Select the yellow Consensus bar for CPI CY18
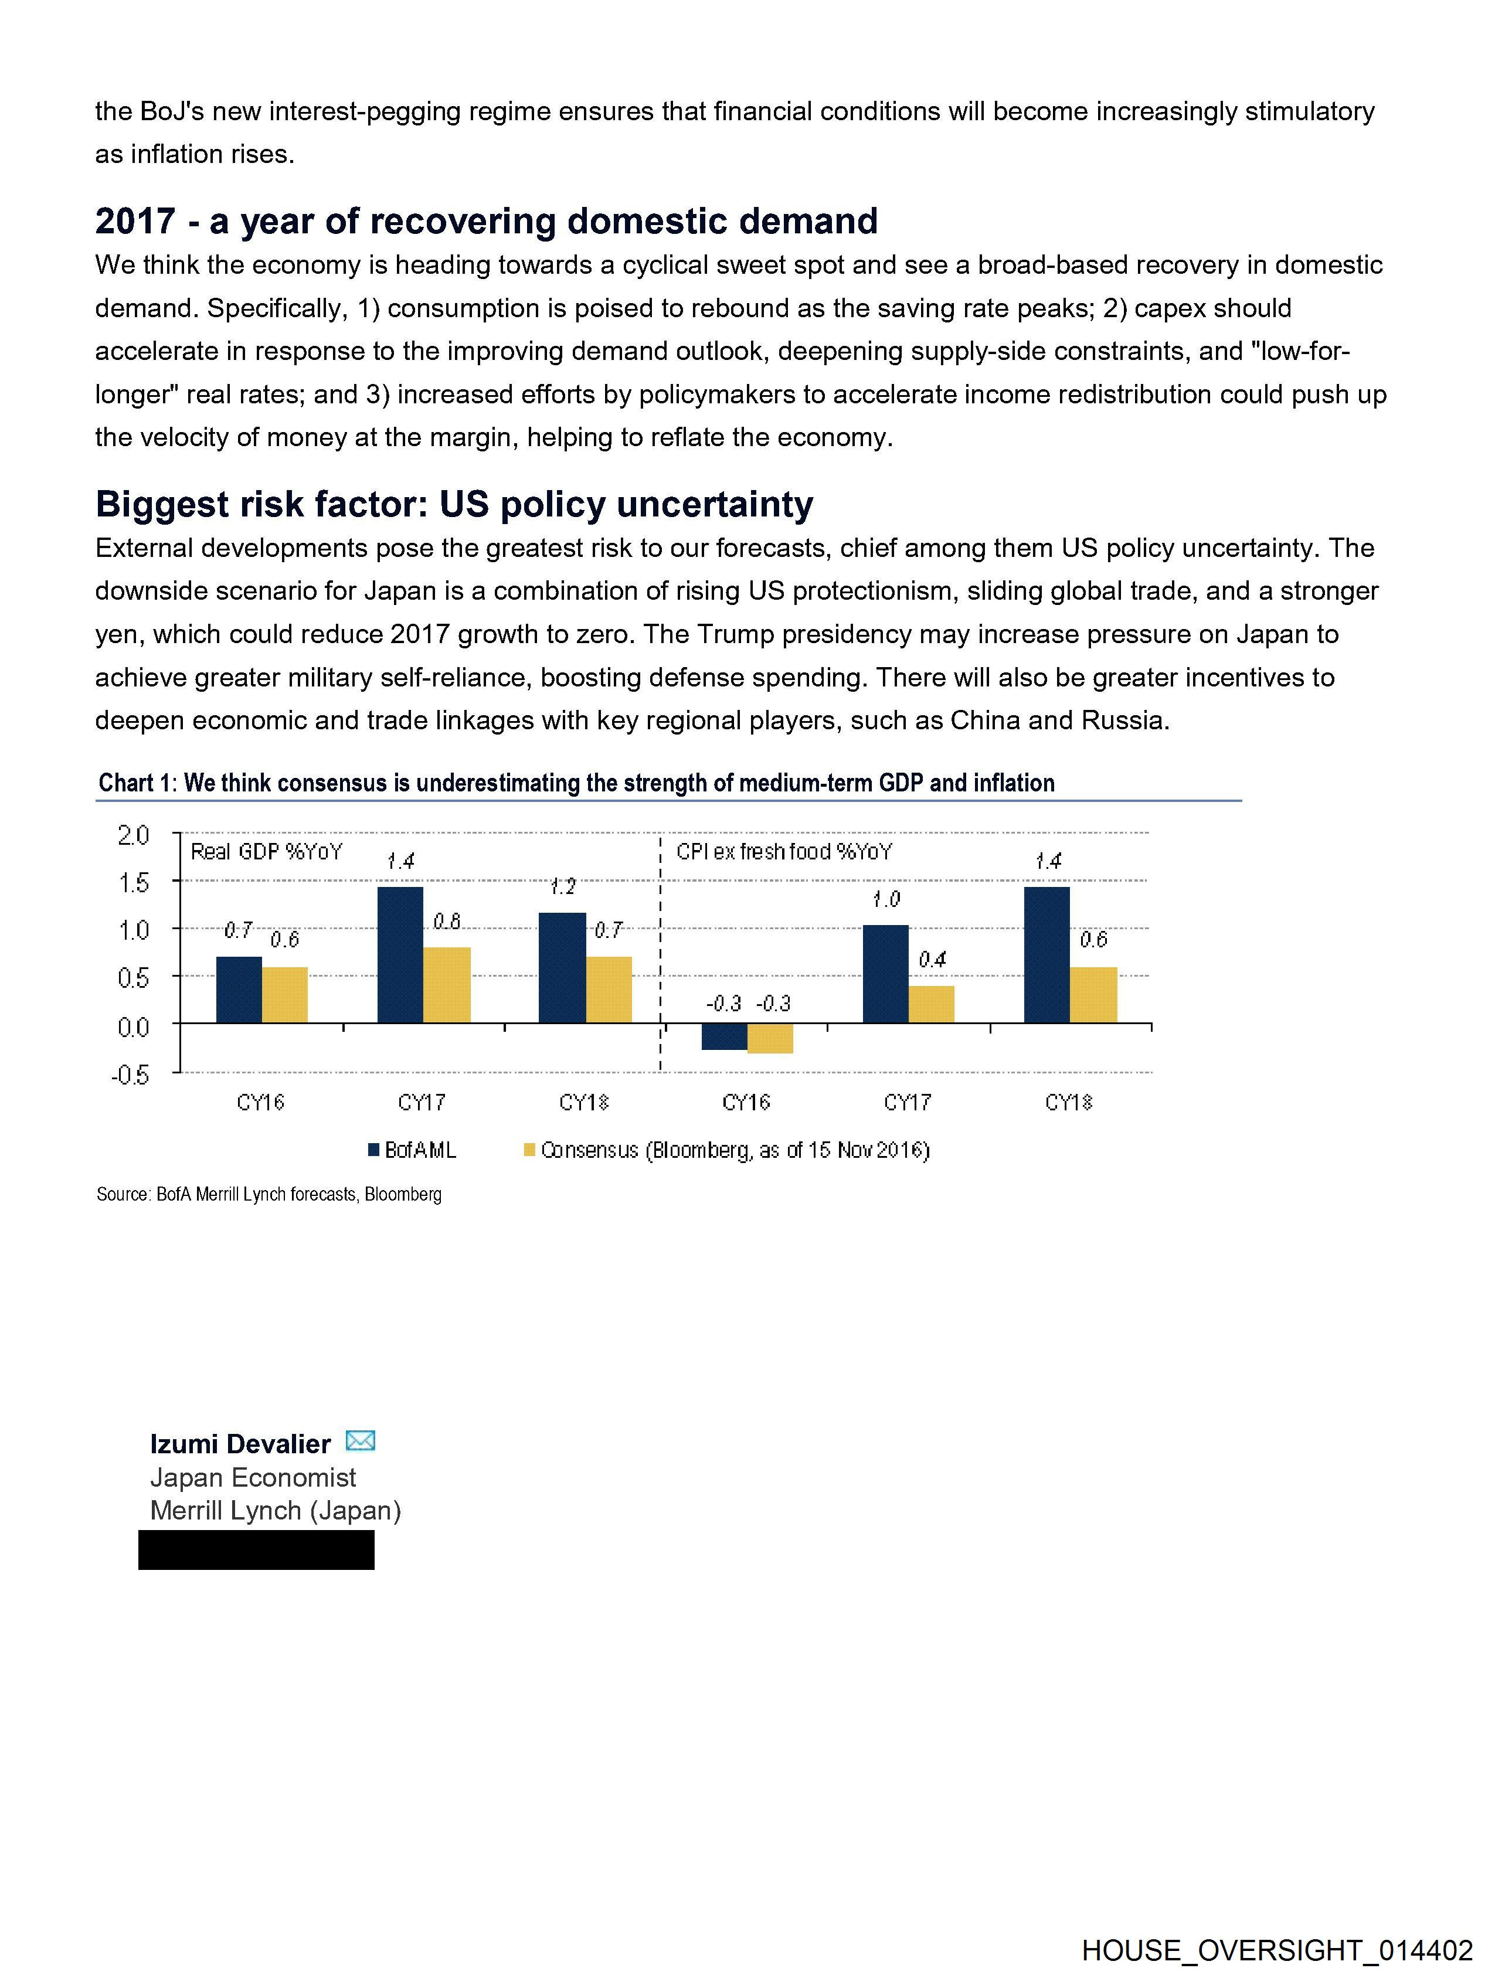pyautogui.click(x=1093, y=995)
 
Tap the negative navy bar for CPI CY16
pyautogui.click(x=724, y=1036)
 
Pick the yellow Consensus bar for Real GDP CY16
pyautogui.click(x=285, y=995)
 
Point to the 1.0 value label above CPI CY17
pyautogui.click(x=886, y=899)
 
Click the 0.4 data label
pyautogui.click(x=932, y=960)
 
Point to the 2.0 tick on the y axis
pyautogui.click(x=133, y=835)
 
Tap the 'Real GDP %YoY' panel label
pyautogui.click(x=266, y=852)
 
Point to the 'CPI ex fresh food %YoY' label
pyautogui.click(x=783, y=852)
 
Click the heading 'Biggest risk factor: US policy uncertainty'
pyautogui.click(x=454, y=505)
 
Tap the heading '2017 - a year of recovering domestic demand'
pyautogui.click(x=486, y=222)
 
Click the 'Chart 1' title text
pyautogui.click(x=576, y=783)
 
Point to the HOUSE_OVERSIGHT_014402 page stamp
pyautogui.click(x=1277, y=1949)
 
